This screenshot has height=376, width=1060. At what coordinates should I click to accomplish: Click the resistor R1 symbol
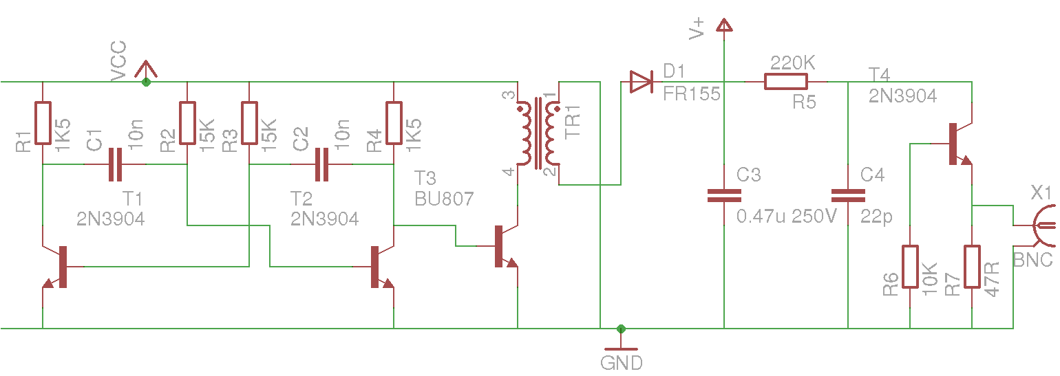43,123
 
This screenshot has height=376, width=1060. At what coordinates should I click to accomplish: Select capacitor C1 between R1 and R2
115,165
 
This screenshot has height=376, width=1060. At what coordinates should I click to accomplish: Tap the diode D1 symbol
641,82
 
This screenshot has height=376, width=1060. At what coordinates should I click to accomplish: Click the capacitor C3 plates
724,195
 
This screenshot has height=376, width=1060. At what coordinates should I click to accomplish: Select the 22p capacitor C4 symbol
848,195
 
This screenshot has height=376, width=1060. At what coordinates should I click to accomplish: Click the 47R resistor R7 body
972,267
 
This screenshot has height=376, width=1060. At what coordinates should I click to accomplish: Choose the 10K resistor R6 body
910,267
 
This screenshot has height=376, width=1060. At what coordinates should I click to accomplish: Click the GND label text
622,363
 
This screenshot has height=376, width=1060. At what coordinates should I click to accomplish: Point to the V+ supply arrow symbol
723,26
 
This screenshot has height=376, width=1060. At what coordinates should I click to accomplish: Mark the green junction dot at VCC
145,82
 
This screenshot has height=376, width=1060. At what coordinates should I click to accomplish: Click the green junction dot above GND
622,329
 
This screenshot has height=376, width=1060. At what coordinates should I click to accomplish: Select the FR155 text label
691,94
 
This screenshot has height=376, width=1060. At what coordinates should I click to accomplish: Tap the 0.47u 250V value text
787,217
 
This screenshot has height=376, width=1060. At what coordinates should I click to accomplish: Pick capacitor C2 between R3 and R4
321,165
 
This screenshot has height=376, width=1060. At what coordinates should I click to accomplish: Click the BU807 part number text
444,199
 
